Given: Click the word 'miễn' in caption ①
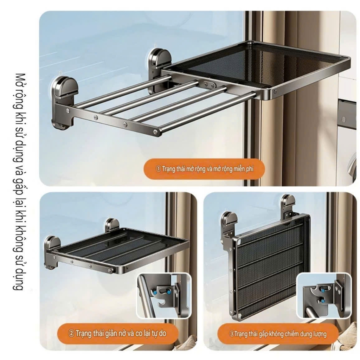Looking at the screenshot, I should (x=239, y=169).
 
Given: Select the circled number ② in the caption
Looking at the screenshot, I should (x=71, y=333).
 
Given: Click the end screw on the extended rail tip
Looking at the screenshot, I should (x=155, y=131).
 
